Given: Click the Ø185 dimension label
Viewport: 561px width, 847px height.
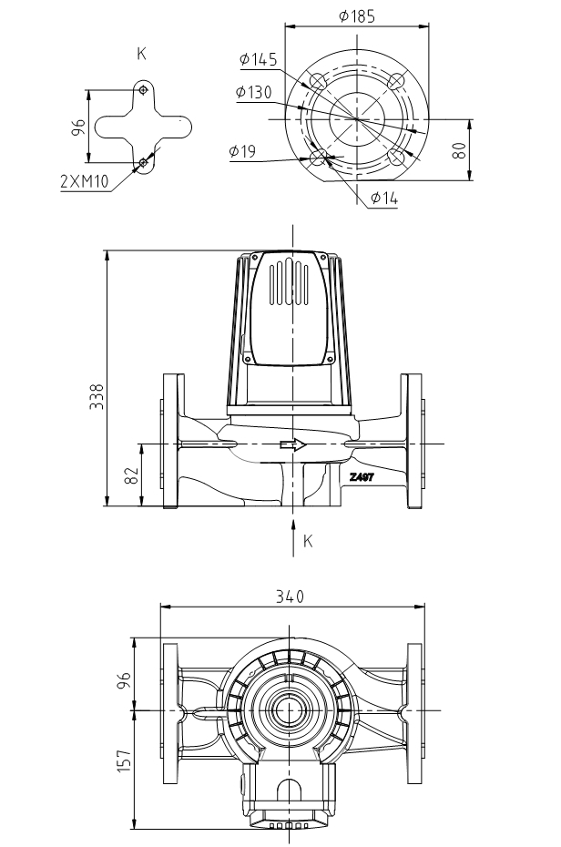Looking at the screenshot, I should point(356,16).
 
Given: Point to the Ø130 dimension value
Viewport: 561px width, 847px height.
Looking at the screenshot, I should point(253,93).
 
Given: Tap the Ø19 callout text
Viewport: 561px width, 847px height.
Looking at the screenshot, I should point(242,151).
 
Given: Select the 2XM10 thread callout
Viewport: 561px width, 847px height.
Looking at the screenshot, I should point(84,181).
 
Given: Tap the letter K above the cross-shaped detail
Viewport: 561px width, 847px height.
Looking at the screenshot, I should point(141,54).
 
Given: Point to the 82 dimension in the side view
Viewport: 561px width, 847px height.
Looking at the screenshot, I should point(131,475).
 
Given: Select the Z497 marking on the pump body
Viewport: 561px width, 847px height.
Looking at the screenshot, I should point(362,475).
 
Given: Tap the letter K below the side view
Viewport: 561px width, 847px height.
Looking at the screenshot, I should point(308,541).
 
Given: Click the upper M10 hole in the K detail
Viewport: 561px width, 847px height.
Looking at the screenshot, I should point(143,89).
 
